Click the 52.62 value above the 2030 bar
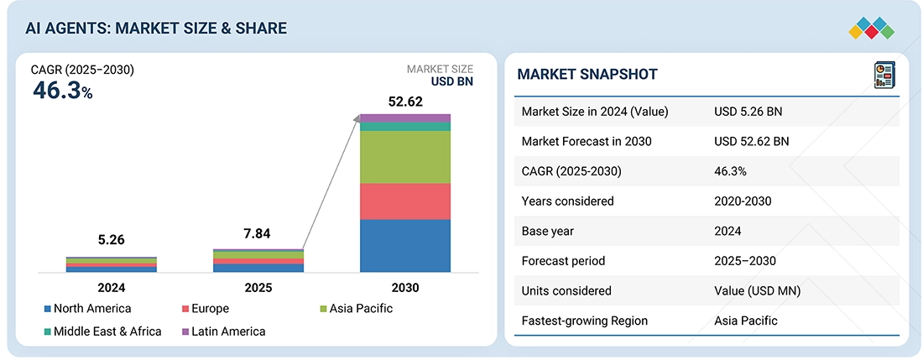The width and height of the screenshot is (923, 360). pos(404,102)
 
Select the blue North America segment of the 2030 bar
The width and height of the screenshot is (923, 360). pos(404,246)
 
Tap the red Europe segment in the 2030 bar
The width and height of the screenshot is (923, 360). pos(404,201)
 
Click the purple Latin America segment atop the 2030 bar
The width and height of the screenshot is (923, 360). pos(404,117)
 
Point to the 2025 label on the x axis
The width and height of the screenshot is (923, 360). pos(258,288)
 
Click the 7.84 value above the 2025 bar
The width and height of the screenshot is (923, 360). pos(258,234)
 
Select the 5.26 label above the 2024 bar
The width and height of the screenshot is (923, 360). pos(111,241)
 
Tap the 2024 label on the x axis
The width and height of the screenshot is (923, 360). pos(111,288)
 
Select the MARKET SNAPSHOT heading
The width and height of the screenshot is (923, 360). pos(587,75)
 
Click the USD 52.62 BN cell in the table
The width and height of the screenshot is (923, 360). pos(751,141)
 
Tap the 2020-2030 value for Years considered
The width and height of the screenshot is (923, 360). pos(743,201)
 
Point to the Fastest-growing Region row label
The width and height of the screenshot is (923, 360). pos(584,321)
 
